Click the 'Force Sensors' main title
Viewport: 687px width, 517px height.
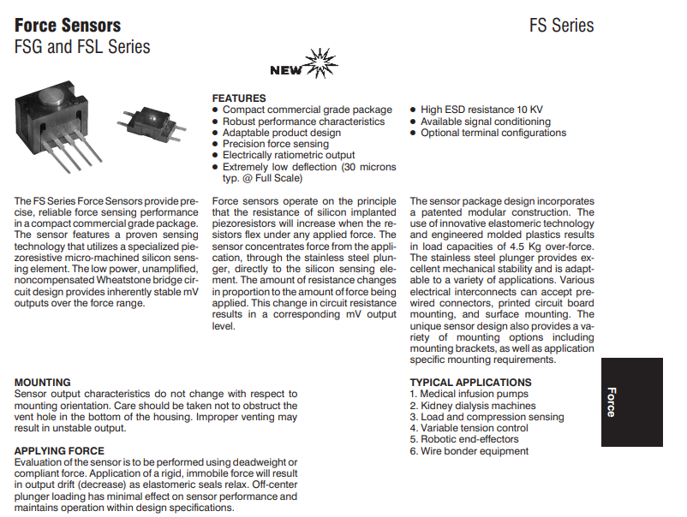pos(68,25)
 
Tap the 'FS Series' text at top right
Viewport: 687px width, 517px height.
pos(561,25)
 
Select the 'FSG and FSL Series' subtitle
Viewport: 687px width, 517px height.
pos(82,47)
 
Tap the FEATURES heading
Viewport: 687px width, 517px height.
pos(239,98)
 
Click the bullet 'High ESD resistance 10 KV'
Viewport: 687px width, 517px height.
pos(481,110)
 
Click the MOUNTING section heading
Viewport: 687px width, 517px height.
pos(43,383)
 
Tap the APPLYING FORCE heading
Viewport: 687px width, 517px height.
pos(59,451)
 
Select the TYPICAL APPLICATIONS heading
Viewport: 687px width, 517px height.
pos(470,383)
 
